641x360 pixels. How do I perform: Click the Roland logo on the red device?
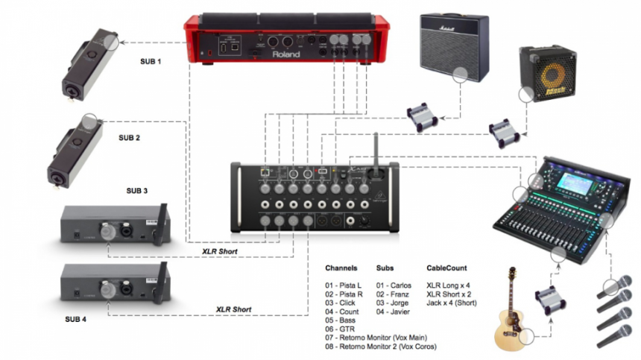tap(285, 54)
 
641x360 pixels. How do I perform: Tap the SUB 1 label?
tap(150, 60)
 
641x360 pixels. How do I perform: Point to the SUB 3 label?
tap(136, 191)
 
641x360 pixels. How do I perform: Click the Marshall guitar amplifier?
tap(454, 46)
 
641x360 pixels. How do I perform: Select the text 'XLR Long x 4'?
tap(449, 284)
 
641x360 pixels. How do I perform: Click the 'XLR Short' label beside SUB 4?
tap(233, 309)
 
